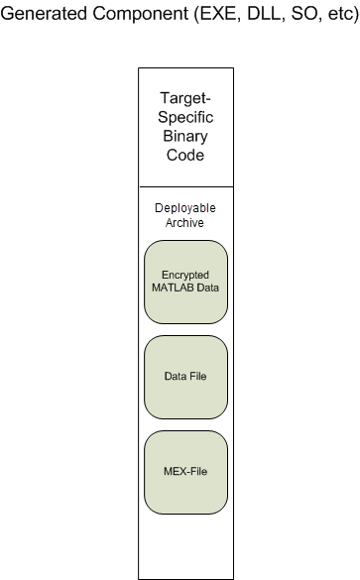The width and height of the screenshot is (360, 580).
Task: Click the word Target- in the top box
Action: pos(185,98)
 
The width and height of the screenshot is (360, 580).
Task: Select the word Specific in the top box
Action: pos(185,117)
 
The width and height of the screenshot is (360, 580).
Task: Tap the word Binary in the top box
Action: pos(185,136)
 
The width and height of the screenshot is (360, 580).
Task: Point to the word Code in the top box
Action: pos(185,155)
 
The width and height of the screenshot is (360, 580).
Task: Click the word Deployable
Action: pos(185,208)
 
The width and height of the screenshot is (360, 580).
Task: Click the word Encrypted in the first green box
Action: pos(185,274)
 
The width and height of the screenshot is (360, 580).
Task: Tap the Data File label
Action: pos(185,377)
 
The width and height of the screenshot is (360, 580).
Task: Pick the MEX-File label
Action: pos(185,472)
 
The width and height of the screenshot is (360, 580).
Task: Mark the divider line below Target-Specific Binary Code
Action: pos(185,185)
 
